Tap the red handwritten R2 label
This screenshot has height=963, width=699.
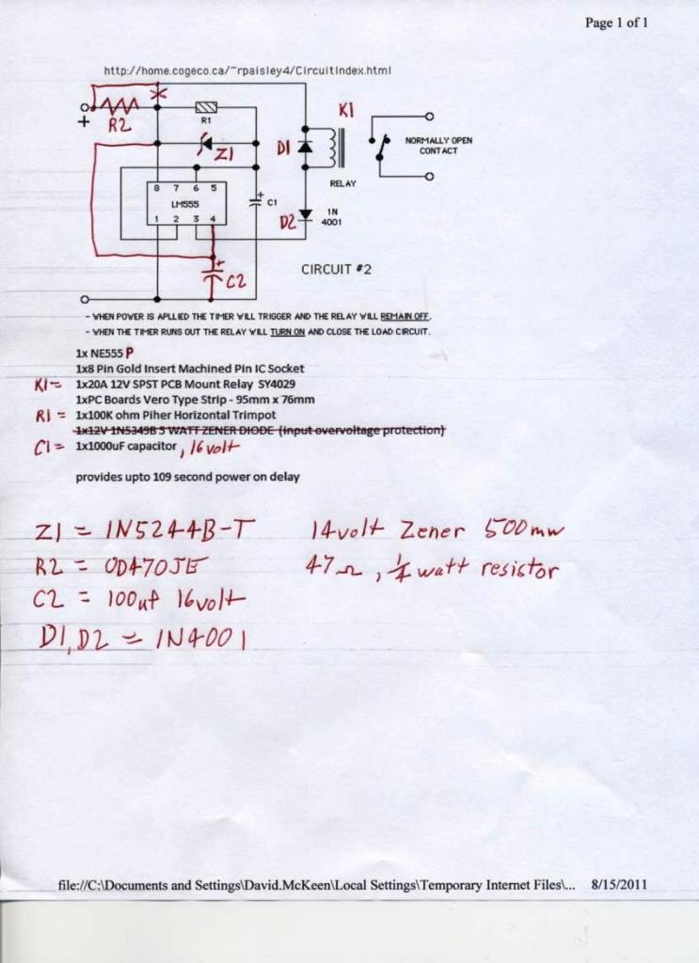[119, 124]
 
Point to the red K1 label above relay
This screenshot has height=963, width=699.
[345, 112]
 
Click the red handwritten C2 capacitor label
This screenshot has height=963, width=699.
[236, 279]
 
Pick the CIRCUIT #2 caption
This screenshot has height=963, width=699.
[337, 269]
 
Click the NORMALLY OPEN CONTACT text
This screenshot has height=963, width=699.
[438, 146]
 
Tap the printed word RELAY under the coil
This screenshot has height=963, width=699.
[342, 183]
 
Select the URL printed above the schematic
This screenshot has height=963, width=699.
[246, 71]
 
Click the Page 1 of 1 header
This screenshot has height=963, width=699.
[616, 23]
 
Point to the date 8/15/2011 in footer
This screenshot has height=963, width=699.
[619, 884]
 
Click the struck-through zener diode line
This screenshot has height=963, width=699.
[260, 430]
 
